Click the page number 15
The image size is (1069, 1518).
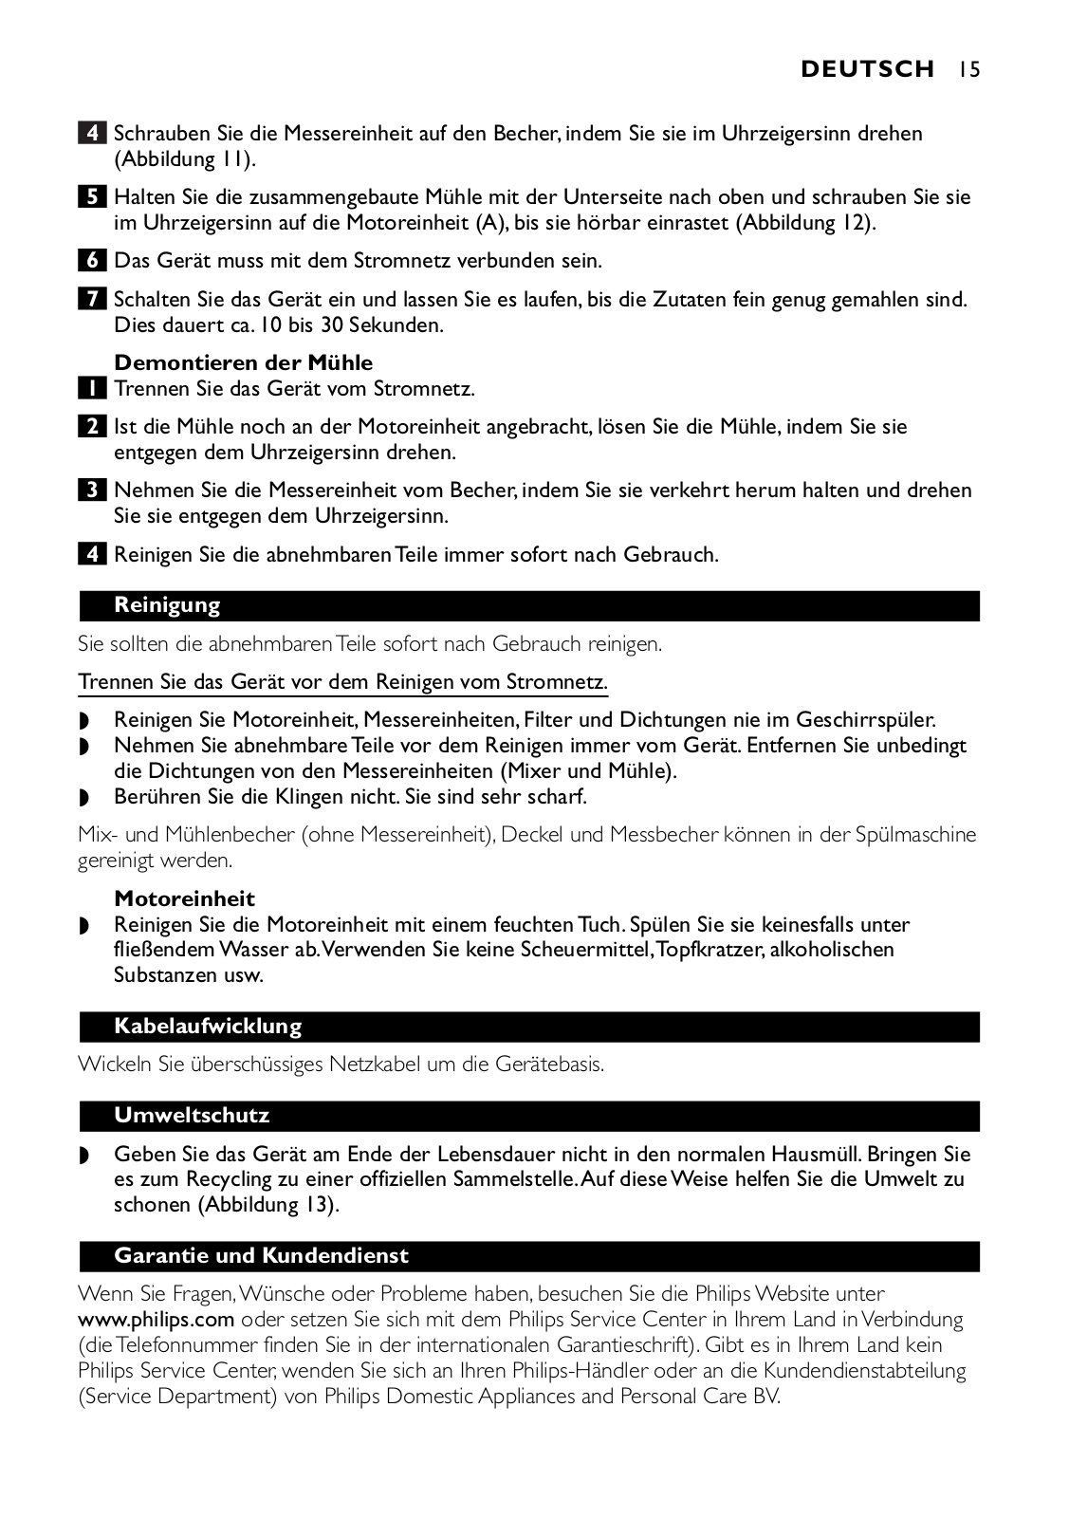click(x=968, y=69)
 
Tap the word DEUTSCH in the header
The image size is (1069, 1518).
click(x=867, y=69)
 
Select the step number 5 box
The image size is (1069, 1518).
click(x=91, y=197)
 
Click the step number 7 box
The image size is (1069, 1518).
click(x=91, y=300)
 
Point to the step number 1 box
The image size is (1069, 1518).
click(x=91, y=389)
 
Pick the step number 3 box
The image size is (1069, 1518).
click(x=91, y=491)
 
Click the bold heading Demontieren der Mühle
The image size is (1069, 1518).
click(x=243, y=362)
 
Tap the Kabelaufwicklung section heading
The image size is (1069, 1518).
click(x=208, y=1027)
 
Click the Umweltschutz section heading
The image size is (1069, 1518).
click(x=192, y=1116)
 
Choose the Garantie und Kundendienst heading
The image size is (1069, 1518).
click(x=261, y=1256)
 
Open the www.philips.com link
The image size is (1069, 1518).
click(x=156, y=1320)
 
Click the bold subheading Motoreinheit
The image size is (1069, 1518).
click(x=184, y=898)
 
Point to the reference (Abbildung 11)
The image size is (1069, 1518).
click(x=185, y=159)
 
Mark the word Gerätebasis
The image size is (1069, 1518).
click(x=549, y=1064)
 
